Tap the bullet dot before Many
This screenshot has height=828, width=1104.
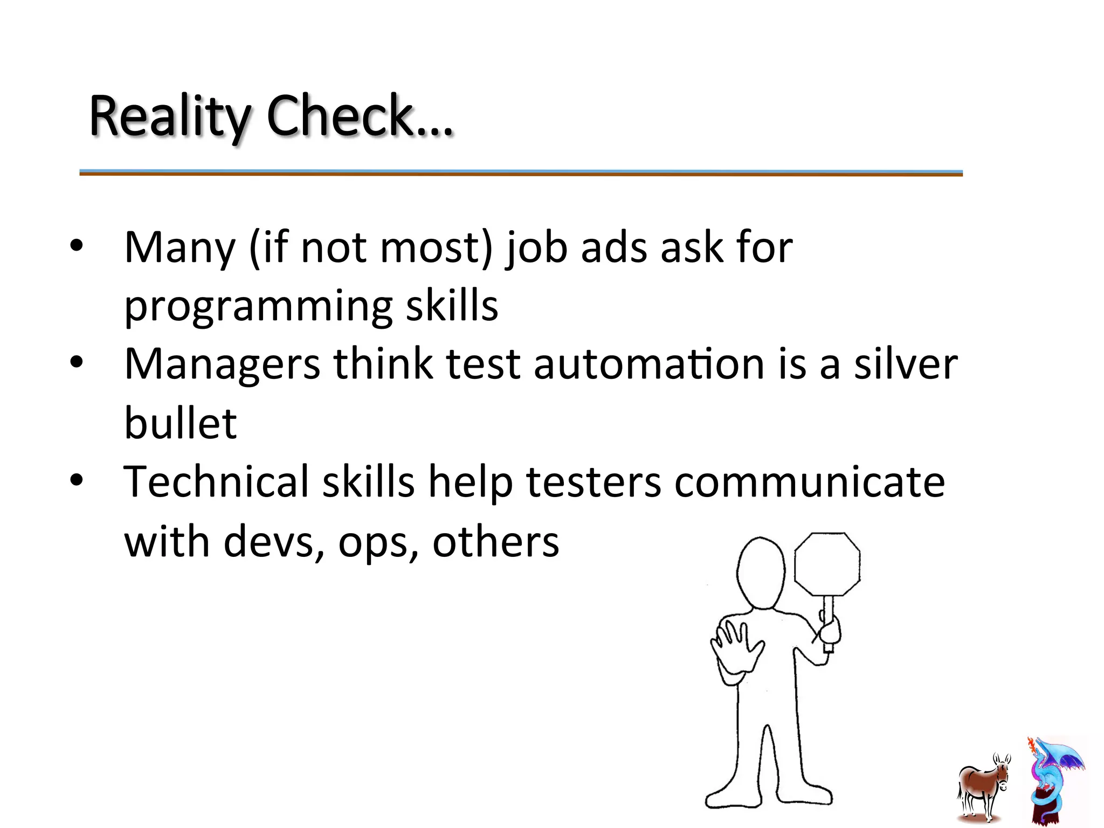click(77, 246)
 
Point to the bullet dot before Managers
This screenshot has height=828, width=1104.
click(77, 363)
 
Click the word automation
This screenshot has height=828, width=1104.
click(649, 364)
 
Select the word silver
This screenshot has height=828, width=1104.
click(906, 364)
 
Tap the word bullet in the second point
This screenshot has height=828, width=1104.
click(181, 423)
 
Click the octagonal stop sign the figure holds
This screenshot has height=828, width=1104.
click(827, 564)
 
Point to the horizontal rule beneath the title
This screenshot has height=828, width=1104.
click(521, 173)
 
